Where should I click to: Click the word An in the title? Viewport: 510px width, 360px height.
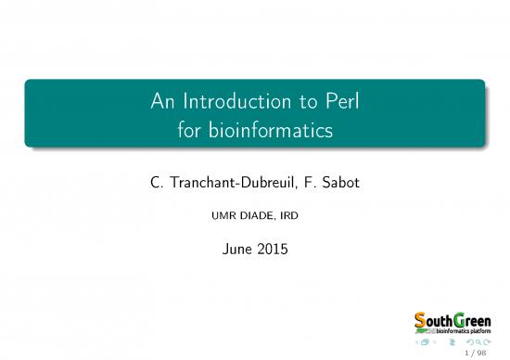165,103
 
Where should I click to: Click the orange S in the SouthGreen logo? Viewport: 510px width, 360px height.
420,320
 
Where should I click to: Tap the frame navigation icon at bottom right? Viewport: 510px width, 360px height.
425,342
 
